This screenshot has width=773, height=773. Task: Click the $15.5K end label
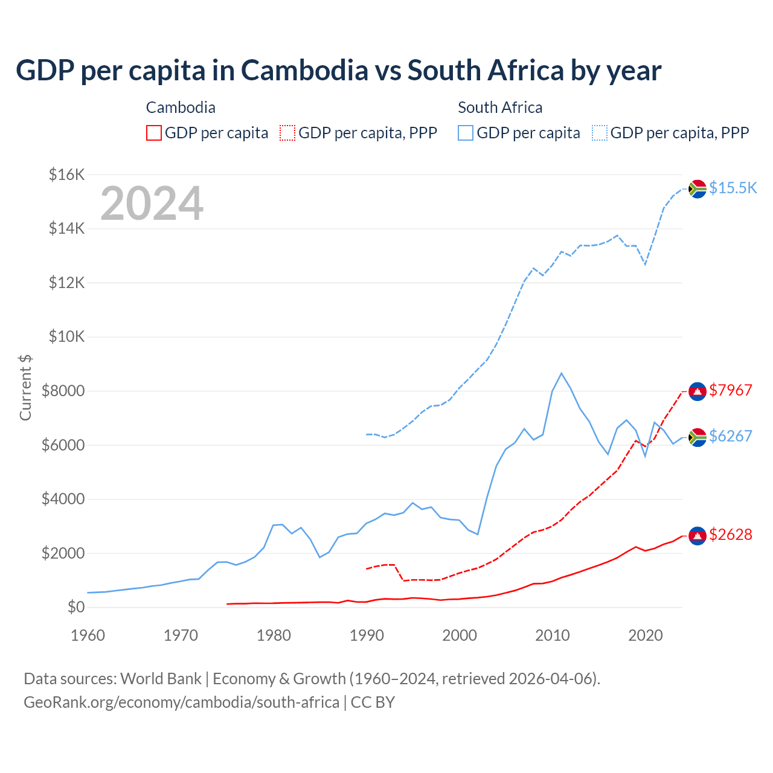[733, 188]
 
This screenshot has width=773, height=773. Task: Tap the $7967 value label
[730, 390]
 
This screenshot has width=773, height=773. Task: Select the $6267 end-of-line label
[730, 436]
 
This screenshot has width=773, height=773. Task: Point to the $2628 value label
[730, 534]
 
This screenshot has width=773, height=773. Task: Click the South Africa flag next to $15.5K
[698, 189]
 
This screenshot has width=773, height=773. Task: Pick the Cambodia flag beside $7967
[698, 391]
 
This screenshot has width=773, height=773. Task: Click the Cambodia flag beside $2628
[698, 536]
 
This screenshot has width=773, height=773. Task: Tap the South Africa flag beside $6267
[698, 437]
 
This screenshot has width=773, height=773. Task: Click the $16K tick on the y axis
[66, 175]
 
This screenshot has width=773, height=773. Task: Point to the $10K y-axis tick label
[66, 337]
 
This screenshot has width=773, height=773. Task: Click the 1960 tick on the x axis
[88, 635]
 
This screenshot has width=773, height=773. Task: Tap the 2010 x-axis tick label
[553, 635]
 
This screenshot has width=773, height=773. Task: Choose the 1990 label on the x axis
[367, 635]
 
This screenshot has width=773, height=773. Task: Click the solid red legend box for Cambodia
[154, 133]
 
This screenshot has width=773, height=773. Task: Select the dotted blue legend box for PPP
[600, 133]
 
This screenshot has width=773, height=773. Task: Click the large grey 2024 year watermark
[152, 204]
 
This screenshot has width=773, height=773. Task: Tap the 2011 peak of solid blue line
[561, 373]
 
